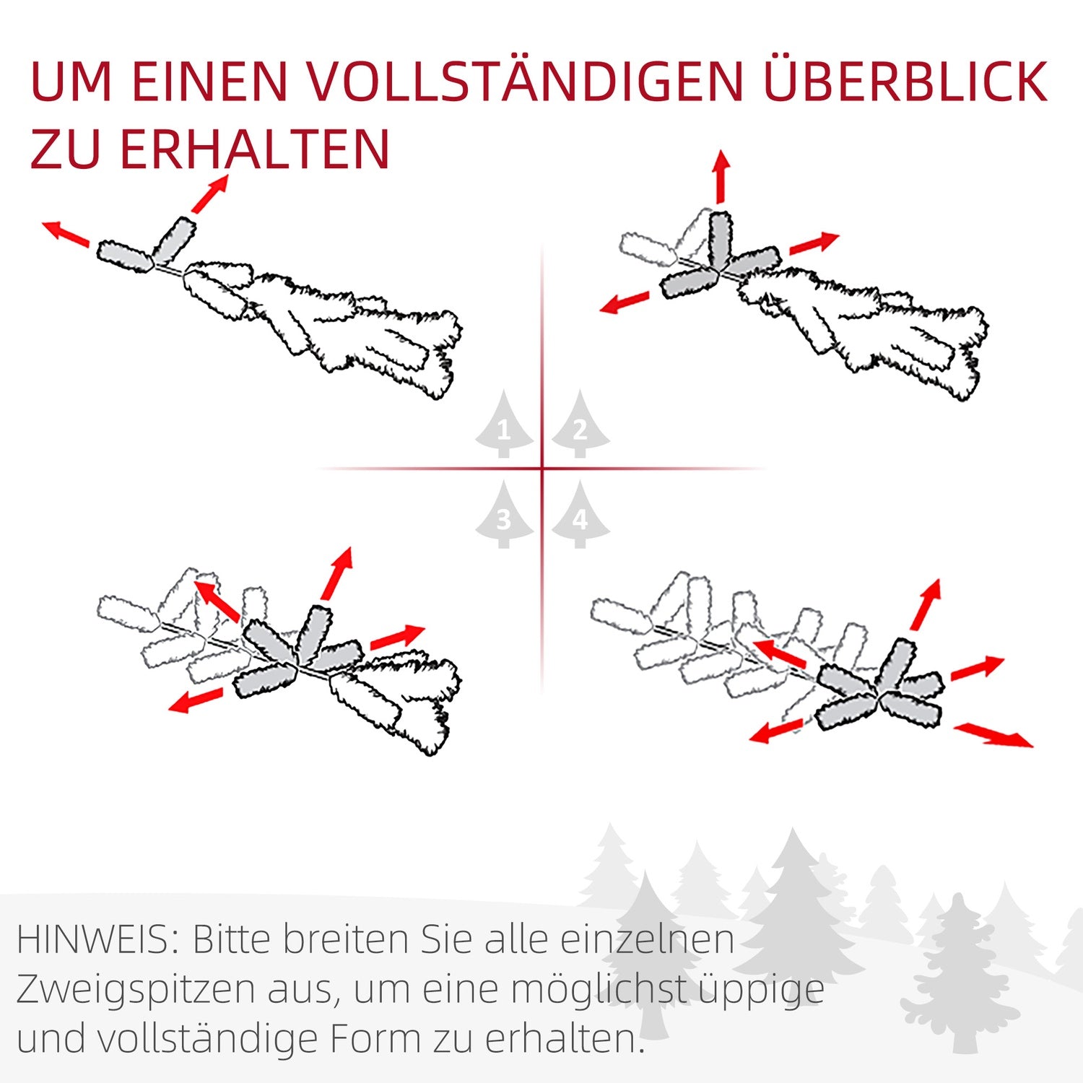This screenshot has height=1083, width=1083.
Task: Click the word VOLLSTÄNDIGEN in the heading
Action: point(527,81)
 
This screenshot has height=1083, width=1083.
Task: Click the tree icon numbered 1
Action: point(504,426)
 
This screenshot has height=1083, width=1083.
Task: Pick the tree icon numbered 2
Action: point(580,426)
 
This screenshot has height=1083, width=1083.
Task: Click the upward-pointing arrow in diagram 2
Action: point(720,177)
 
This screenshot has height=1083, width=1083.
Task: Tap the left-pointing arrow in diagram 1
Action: point(66,234)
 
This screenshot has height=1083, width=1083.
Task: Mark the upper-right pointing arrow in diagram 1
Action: point(210,194)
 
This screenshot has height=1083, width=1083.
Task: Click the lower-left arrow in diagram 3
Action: point(196,700)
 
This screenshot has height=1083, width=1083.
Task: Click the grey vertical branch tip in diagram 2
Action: point(720,238)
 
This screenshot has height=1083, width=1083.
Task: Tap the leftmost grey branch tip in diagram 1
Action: point(125,256)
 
